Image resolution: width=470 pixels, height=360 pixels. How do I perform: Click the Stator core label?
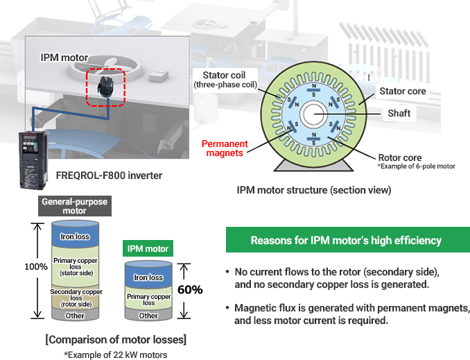402,91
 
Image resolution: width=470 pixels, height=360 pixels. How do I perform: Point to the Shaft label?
399,113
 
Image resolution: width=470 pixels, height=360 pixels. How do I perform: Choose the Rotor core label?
399,157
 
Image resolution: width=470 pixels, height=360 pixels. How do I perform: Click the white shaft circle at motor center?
313,112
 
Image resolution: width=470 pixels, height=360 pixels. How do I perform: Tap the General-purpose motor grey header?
75,206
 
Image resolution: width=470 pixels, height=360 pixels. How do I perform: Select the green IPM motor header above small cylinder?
147,248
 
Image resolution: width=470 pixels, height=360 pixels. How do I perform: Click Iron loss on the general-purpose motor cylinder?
76,237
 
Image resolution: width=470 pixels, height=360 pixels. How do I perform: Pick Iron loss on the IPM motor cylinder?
148,277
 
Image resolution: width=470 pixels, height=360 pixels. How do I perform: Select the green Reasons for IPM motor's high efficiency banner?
347,240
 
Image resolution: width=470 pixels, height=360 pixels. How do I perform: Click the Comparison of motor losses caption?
115,340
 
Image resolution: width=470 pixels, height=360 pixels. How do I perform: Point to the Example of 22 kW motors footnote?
115,354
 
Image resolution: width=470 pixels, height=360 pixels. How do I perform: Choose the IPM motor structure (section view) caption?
314,189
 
